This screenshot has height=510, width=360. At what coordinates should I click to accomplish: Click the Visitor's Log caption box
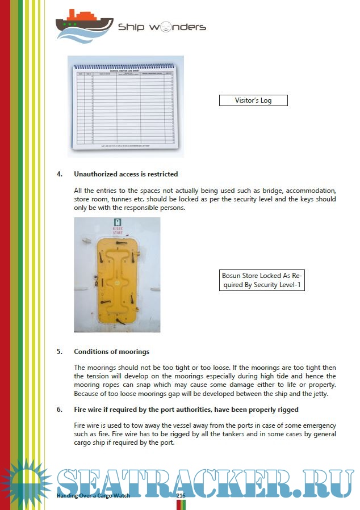253,100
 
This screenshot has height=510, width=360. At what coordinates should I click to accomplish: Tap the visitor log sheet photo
125,106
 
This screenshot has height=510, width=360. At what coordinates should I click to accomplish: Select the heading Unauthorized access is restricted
125,174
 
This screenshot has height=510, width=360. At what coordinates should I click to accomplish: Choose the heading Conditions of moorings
111,352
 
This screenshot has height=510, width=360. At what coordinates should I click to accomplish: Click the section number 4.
59,174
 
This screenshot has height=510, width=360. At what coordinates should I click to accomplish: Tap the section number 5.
59,352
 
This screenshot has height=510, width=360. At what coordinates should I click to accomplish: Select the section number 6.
59,410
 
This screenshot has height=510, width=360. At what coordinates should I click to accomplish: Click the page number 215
181,495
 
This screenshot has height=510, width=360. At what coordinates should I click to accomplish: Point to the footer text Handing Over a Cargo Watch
93,495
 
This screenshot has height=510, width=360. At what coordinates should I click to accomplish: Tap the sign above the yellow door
118,226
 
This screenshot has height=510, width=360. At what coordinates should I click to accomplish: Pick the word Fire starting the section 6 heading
80,410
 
